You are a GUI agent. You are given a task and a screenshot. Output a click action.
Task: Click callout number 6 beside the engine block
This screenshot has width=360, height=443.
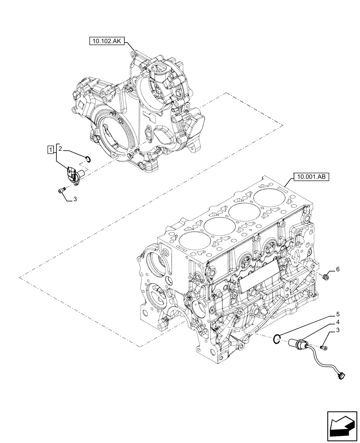tap(337, 269)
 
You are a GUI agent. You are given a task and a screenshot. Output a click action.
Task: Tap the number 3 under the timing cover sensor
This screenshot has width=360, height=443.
tap(74, 200)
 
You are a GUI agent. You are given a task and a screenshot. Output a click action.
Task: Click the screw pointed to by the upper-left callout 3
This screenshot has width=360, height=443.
tap(62, 190)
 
